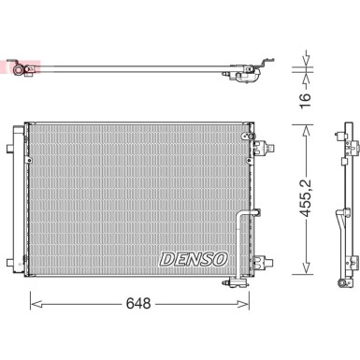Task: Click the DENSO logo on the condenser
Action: click(193, 257)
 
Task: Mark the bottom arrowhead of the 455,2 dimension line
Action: click(305, 273)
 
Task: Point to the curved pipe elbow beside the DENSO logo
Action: click(245, 217)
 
